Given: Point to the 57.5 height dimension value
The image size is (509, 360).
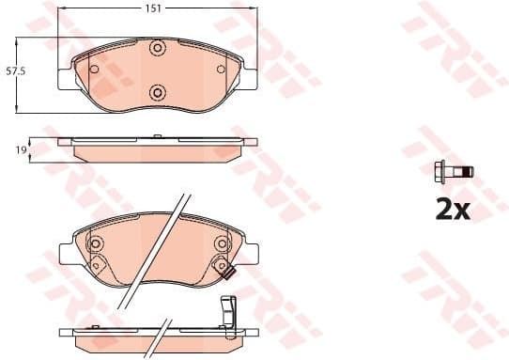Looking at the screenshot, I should coord(15,70).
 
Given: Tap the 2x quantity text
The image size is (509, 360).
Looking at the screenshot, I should coord(452,209).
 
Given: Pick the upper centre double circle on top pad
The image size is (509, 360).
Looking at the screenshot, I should coord(158,48).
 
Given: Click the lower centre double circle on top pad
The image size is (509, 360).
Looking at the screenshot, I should coord(158,92).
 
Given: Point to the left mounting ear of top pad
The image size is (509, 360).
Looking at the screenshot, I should coord(66,74).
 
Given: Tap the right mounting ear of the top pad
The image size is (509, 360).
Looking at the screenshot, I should coord(251,74).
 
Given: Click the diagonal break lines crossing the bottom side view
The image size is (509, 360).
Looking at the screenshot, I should coord(165,333).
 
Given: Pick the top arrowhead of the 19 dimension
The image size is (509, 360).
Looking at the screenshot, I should coord(33,140).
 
